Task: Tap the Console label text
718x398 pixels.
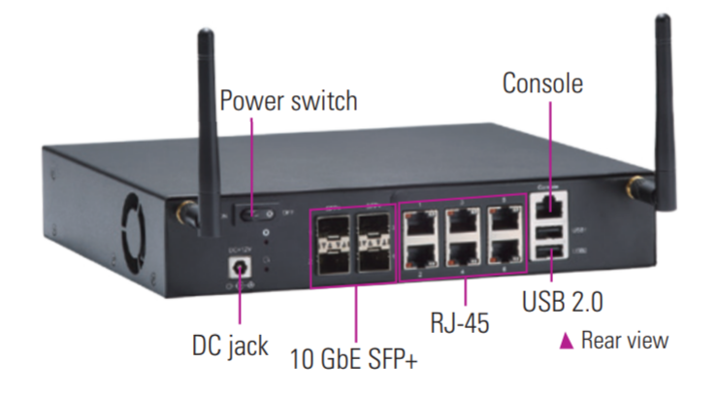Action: coord(542,83)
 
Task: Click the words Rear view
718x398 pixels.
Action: coord(625,341)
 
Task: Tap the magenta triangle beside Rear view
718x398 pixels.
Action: coord(567,341)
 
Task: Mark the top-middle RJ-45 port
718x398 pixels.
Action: coord(461,223)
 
